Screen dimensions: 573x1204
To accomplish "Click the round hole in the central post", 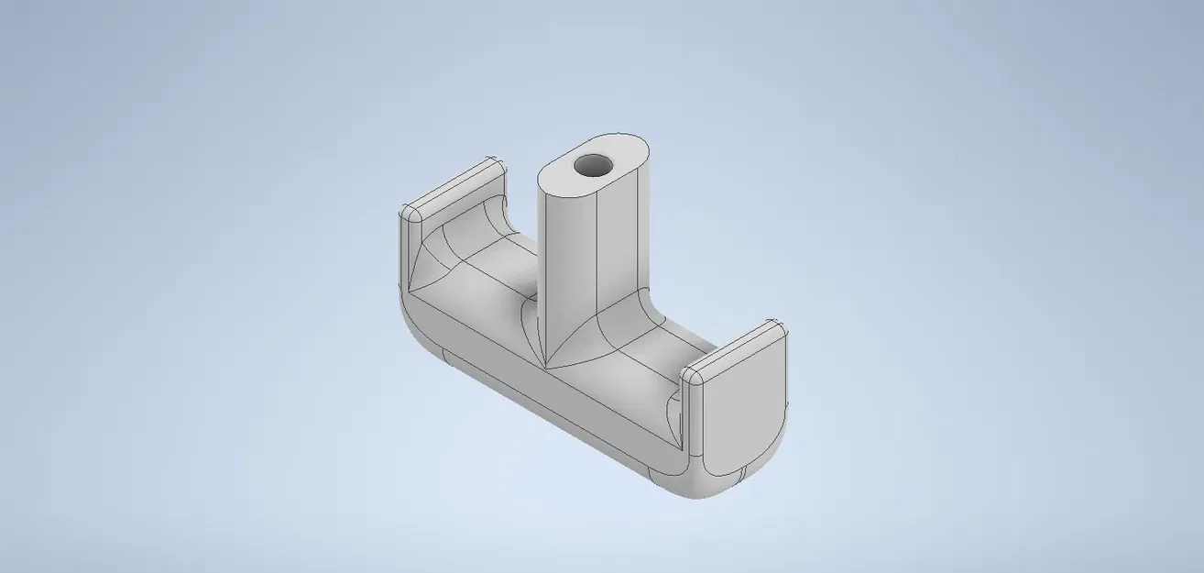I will coord(593,166).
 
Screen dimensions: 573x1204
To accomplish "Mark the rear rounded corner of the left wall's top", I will coord(494,165).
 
